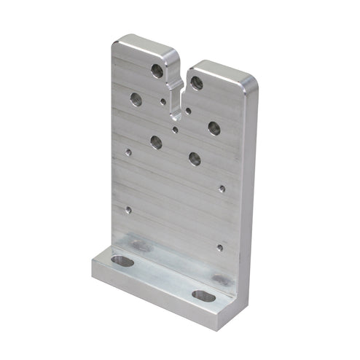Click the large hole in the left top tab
click(157, 71)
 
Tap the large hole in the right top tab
click(197, 82)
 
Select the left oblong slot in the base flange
click(123, 260)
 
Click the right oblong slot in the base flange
click(203, 296)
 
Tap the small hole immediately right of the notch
click(188, 111)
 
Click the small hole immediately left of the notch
click(163, 101)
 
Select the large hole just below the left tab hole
click(136, 99)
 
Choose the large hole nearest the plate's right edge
click(214, 128)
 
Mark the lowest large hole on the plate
click(195, 157)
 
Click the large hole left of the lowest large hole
click(156, 142)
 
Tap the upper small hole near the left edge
click(128, 153)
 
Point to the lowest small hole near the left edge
click(128, 209)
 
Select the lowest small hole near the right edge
click(219, 247)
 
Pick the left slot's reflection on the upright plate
click(140, 246)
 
